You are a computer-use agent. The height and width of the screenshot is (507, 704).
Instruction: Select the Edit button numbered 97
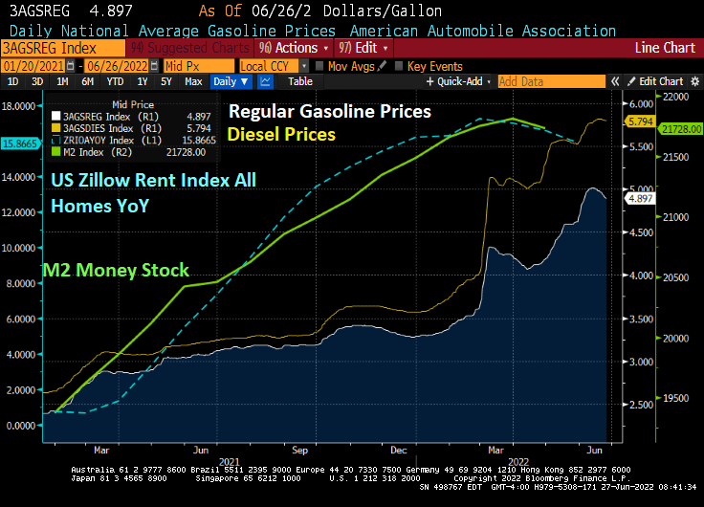[359, 48]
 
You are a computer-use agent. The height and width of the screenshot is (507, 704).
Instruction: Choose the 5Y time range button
[166, 82]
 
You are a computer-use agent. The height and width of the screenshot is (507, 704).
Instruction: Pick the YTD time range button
[114, 82]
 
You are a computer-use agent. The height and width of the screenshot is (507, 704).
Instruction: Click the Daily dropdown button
[231, 82]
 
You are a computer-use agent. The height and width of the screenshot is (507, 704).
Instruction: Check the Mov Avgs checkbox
[319, 66]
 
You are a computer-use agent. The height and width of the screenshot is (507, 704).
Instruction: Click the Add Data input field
[550, 82]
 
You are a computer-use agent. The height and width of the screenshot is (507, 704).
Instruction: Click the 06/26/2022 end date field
[120, 66]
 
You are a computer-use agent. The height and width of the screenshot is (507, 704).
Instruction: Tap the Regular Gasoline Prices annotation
[329, 112]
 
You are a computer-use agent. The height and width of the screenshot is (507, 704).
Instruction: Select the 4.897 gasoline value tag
[638, 197]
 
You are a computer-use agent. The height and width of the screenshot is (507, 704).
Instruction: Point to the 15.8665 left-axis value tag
[19, 143]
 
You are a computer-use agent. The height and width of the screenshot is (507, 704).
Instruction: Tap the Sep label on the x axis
[300, 448]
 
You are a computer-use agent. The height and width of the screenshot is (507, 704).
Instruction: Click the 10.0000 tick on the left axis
[23, 248]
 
